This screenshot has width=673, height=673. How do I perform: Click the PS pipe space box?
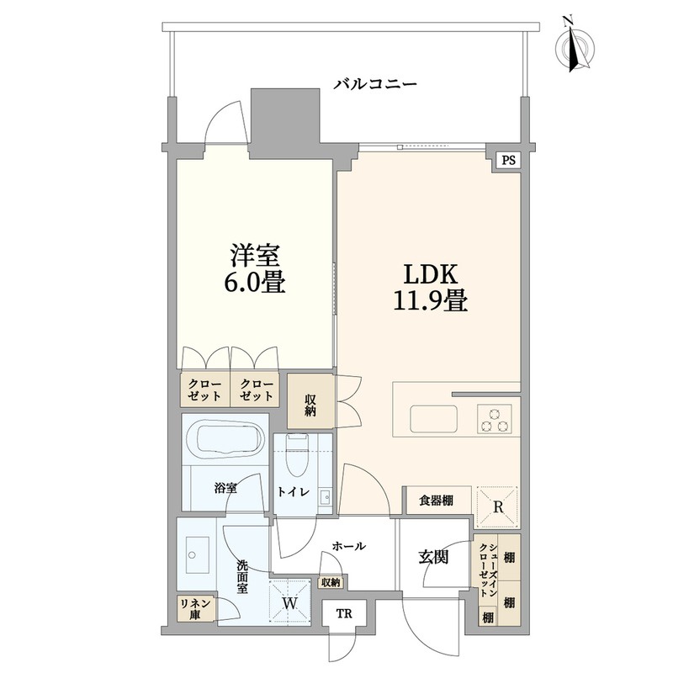(509, 161)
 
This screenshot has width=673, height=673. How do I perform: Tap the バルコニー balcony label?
(375, 82)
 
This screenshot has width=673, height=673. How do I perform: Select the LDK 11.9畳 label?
(431, 288)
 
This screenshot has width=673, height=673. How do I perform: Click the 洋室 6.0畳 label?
(255, 268)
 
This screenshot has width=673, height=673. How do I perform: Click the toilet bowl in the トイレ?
(297, 456)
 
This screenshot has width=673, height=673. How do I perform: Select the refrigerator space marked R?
(497, 507)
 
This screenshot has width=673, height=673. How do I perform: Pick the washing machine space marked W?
(289, 601)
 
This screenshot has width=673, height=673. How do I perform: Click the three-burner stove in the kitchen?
(495, 418)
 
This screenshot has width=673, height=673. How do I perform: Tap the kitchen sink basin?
(433, 418)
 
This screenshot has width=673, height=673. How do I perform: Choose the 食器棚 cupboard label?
(436, 501)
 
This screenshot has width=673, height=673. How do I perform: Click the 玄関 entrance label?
(433, 558)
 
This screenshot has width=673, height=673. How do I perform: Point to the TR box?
(344, 614)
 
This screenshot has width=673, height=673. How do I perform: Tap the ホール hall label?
(349, 546)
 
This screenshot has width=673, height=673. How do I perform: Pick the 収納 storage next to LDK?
(310, 401)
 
